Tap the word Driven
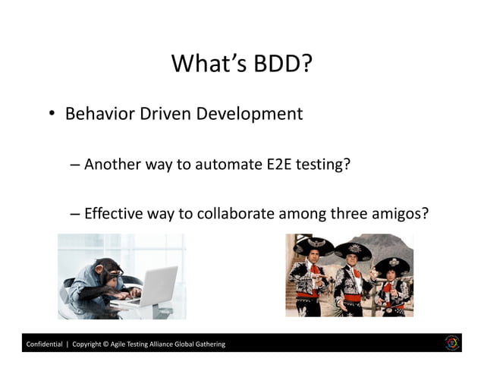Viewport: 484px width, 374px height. click(x=162, y=115)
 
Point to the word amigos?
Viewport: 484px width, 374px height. click(x=401, y=215)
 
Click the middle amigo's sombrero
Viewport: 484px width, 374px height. click(x=353, y=251)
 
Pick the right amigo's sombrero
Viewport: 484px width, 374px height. click(x=392, y=265)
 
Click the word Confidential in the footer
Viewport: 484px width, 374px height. click(x=45, y=344)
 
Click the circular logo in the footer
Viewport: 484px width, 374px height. click(x=453, y=343)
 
